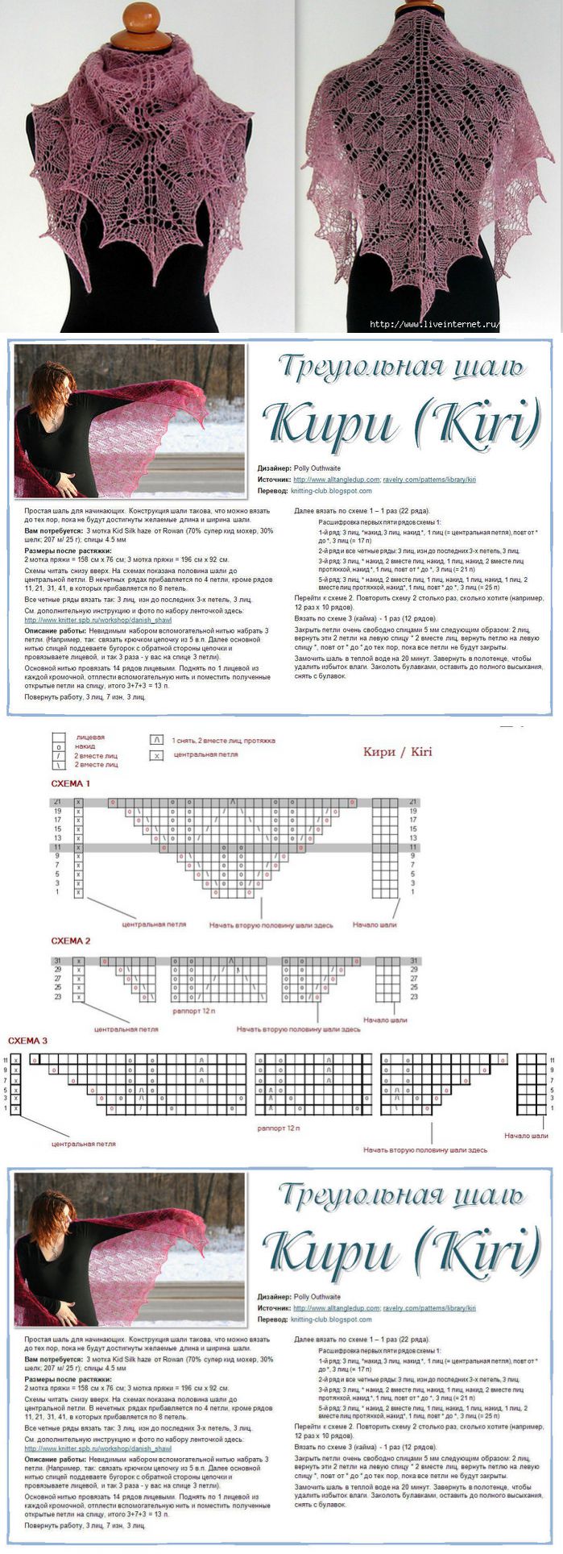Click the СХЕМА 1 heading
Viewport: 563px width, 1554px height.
(70, 783)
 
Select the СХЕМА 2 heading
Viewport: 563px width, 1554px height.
(70, 941)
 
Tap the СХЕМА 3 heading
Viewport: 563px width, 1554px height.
(27, 1041)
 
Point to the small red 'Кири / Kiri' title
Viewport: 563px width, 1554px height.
(397, 752)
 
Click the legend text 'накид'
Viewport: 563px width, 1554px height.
(85, 746)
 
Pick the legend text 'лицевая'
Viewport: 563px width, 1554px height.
(89, 737)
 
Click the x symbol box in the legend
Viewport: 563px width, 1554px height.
(156, 755)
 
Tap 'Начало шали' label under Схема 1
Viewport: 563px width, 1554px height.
(375, 925)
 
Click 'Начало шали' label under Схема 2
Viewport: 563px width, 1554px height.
(385, 1020)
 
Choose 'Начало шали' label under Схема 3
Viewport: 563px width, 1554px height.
(526, 1136)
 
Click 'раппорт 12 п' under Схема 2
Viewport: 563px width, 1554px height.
(194, 1010)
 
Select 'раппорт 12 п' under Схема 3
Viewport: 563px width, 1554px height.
(279, 1128)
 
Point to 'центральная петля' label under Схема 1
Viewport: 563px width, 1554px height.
(154, 925)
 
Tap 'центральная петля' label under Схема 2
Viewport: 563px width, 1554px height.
(126, 1029)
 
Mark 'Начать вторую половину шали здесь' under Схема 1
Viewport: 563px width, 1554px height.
(271, 925)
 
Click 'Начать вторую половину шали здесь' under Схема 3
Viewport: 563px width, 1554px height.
(424, 1150)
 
